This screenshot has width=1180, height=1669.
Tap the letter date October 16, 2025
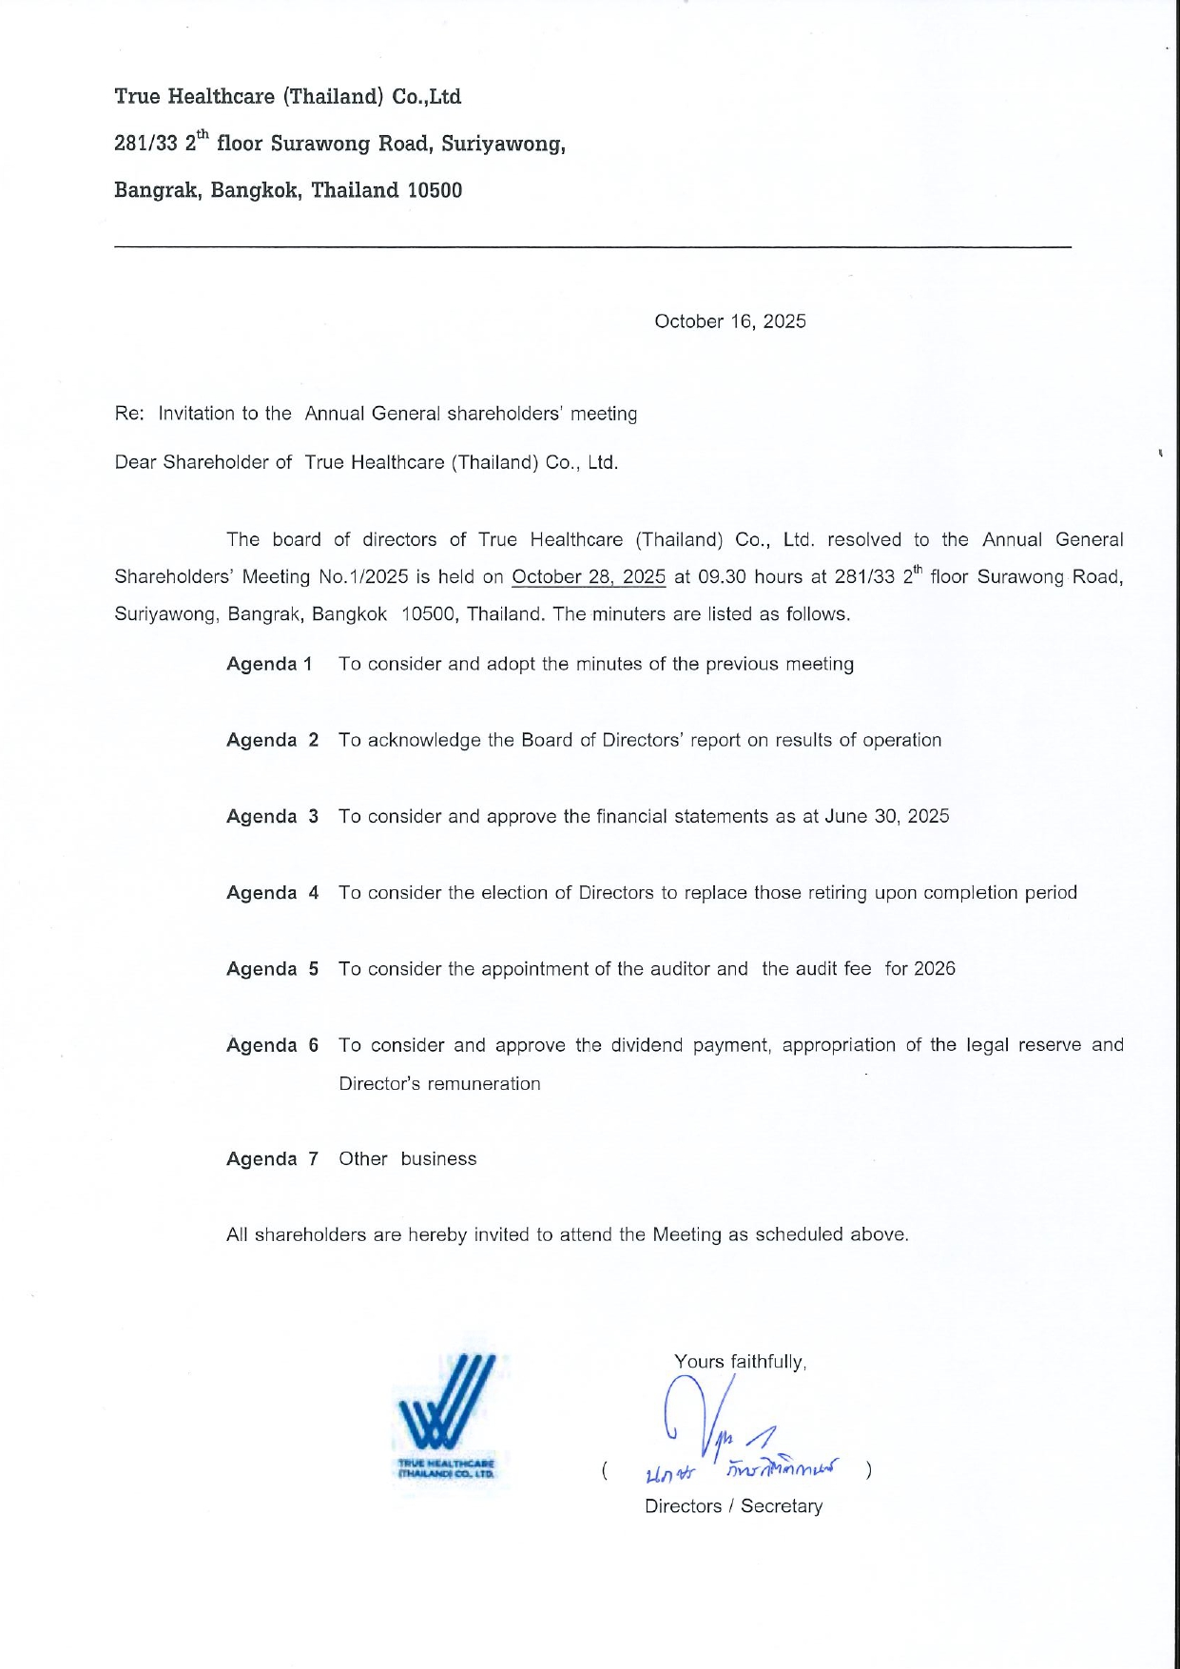(x=729, y=321)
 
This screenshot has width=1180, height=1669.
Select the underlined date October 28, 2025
(x=589, y=576)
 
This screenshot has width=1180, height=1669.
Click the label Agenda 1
(x=269, y=664)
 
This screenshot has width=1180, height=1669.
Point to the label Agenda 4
(x=272, y=893)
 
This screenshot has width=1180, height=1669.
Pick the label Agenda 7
(x=272, y=1159)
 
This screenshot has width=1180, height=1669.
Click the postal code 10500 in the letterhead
(x=435, y=190)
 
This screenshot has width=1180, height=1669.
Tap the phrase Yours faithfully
(x=740, y=1362)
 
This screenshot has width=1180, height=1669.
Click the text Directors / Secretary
(x=733, y=1506)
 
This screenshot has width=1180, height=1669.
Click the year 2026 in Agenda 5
(x=934, y=969)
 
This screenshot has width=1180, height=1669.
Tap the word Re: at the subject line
(x=129, y=414)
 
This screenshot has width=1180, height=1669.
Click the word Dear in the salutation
(x=135, y=463)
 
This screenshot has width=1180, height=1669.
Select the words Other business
(x=407, y=1159)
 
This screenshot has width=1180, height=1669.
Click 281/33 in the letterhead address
(x=145, y=144)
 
